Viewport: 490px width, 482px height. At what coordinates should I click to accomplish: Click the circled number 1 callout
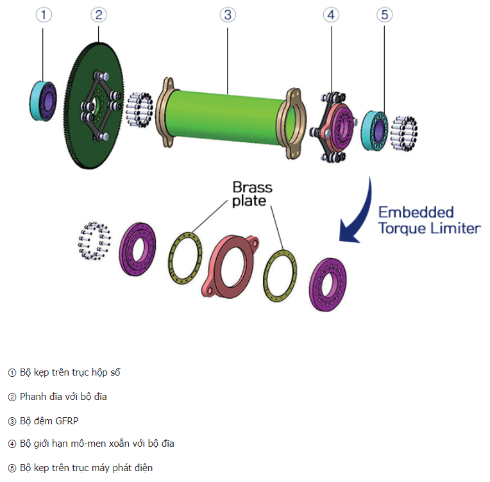(x=43, y=15)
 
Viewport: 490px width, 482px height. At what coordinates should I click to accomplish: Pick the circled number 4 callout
(x=331, y=15)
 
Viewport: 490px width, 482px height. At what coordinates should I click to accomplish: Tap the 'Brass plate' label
(x=252, y=194)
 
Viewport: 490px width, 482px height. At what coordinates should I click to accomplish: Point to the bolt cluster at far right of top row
(x=404, y=133)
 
